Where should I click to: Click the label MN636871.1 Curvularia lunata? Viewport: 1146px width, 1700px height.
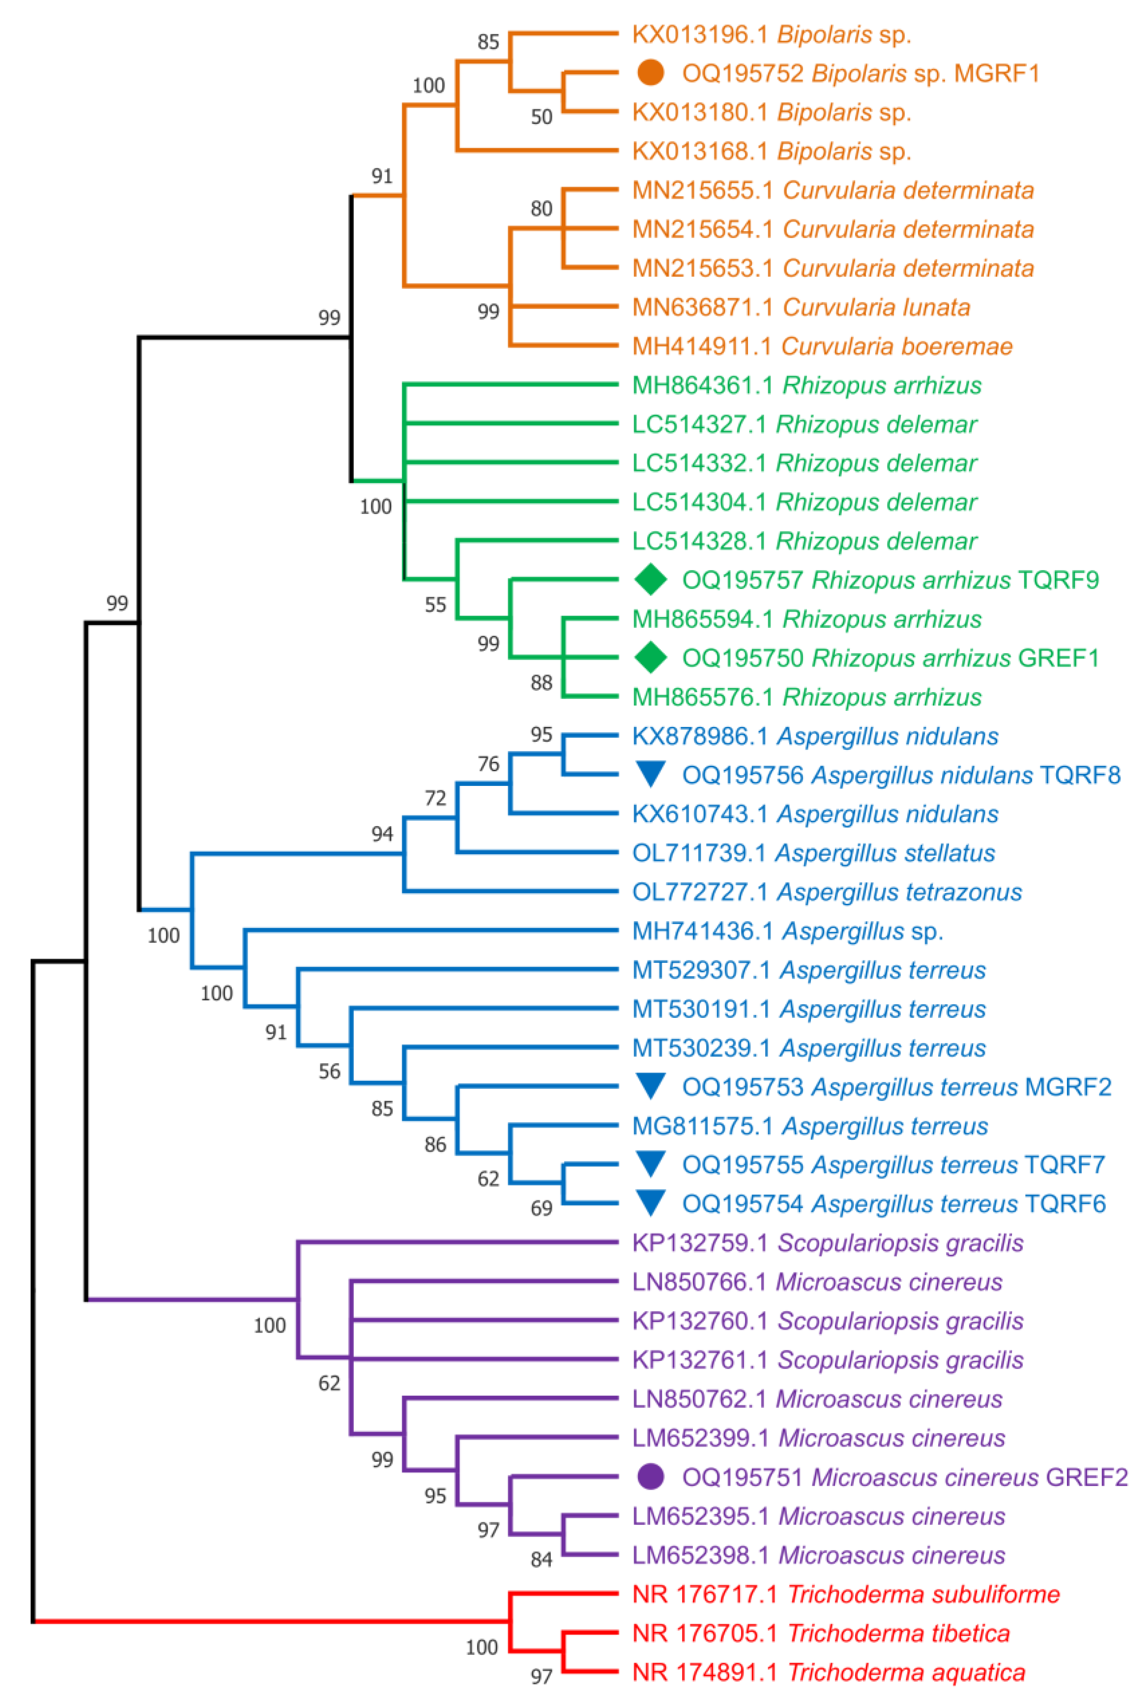[x=801, y=307]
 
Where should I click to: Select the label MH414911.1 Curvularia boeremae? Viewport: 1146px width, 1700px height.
[x=822, y=346]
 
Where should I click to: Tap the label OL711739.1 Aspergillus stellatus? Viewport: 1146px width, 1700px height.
[x=814, y=852]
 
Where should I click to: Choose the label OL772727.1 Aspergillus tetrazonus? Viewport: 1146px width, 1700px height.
[x=827, y=891]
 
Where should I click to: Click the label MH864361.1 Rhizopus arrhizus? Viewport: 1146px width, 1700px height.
[x=807, y=385]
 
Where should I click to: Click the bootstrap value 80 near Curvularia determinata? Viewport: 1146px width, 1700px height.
[x=541, y=209]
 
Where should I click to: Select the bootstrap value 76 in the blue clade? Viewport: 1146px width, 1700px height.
[x=488, y=764]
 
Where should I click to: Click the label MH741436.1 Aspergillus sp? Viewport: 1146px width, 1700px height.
[x=787, y=931]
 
